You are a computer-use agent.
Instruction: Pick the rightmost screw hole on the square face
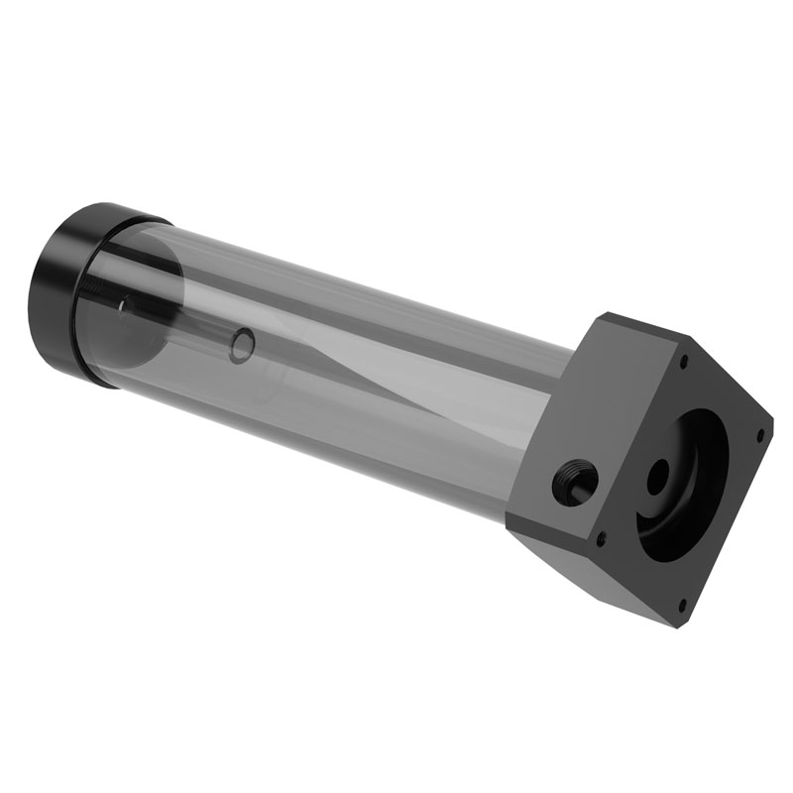(x=760, y=431)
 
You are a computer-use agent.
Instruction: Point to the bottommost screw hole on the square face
(x=680, y=603)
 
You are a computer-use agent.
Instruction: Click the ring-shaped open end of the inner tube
(x=241, y=343)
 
